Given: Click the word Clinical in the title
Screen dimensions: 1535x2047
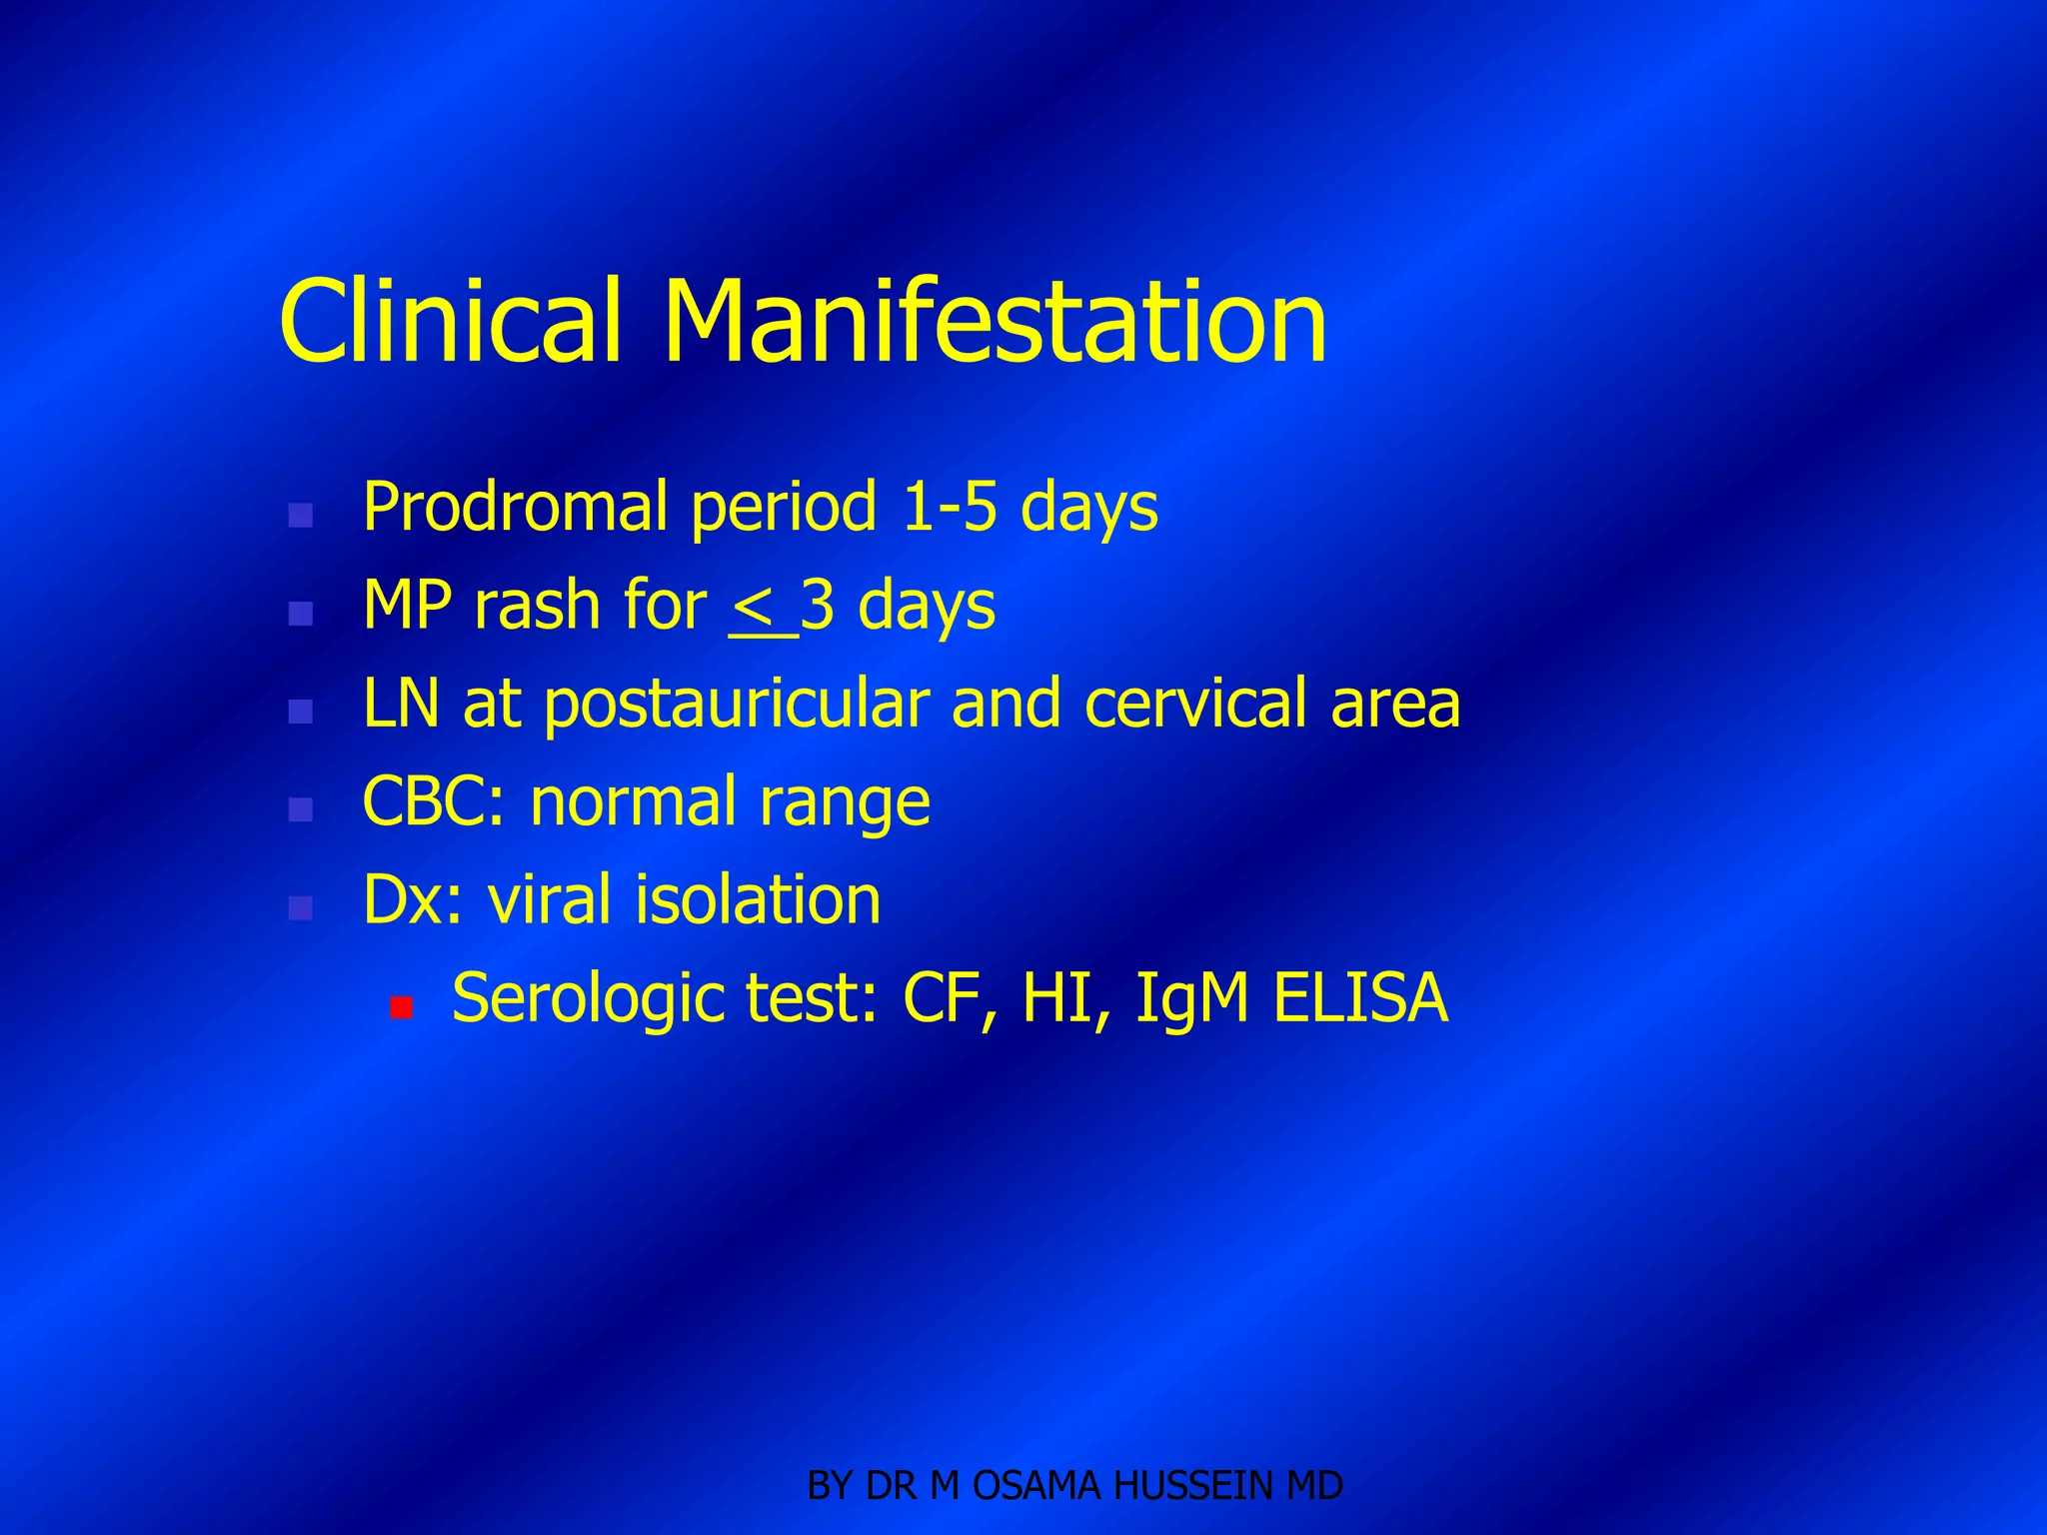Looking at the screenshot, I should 451,322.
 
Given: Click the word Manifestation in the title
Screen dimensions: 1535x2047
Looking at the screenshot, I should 995,322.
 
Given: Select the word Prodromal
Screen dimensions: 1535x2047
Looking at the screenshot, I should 514,507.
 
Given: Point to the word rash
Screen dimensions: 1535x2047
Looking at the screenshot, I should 536,606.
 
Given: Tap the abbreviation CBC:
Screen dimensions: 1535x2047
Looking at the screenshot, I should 434,801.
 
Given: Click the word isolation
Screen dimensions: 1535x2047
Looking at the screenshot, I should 758,899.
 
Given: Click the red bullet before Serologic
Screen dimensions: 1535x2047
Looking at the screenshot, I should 402,1007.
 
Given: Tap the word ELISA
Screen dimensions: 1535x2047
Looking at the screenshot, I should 1360,997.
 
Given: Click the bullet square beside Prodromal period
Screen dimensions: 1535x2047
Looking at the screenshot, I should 300,516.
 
